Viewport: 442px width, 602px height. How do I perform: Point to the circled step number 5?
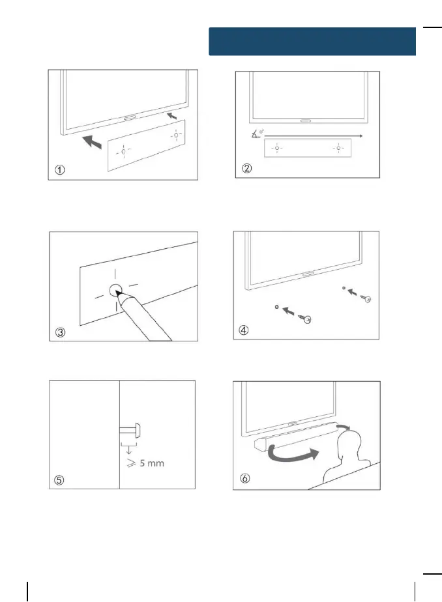click(59, 481)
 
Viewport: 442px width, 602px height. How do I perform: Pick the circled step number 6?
click(243, 481)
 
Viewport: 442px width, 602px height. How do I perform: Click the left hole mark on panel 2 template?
click(277, 149)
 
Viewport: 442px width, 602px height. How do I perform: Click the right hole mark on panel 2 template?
click(339, 149)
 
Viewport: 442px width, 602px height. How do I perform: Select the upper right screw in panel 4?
click(366, 298)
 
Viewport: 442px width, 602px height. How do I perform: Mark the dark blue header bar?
click(312, 41)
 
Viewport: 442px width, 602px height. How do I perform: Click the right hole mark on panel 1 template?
click(175, 135)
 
